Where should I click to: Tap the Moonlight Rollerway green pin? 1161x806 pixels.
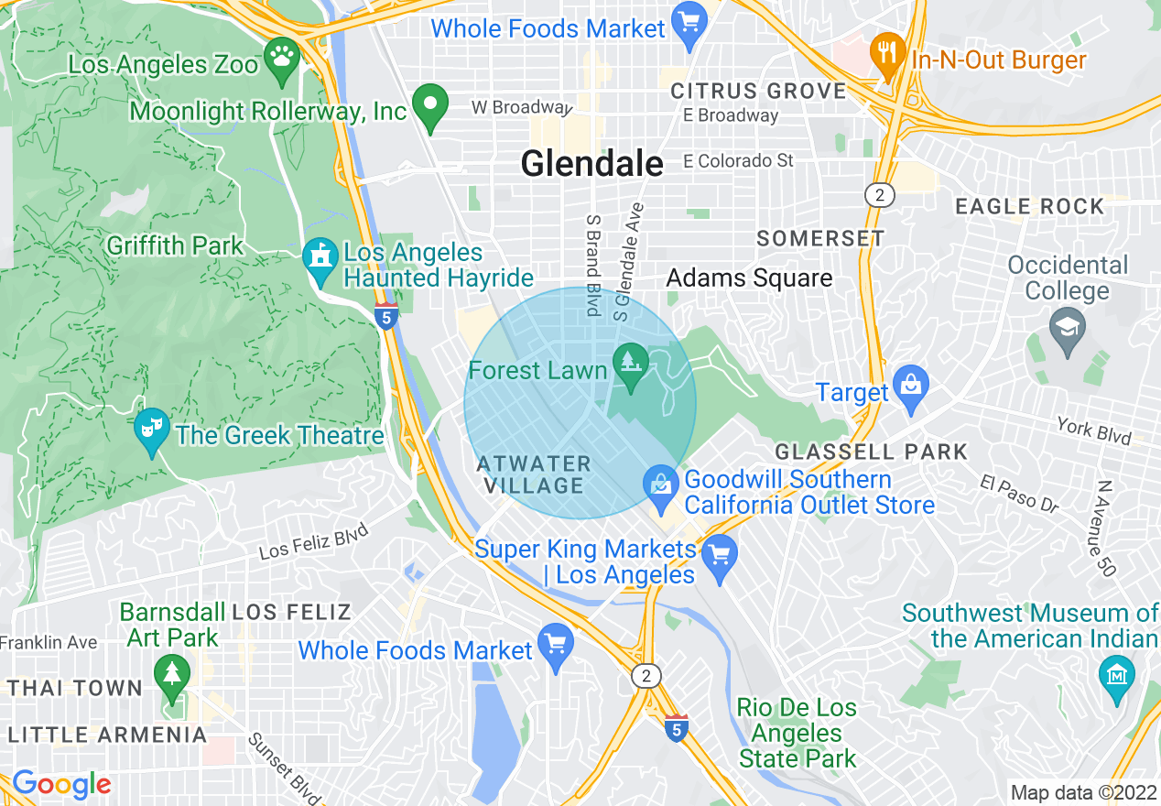429,106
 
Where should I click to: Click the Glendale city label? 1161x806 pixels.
591,164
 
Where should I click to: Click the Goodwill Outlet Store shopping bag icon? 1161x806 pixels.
661,486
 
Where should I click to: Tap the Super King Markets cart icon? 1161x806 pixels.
720,557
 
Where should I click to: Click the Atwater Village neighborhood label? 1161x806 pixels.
534,474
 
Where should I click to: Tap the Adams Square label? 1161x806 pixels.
749,278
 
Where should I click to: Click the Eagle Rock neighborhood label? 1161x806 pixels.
1030,207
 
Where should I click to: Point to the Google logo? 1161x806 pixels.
61,785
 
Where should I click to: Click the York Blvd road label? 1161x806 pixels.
1094,430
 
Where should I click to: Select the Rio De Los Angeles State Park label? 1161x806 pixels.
797,733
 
